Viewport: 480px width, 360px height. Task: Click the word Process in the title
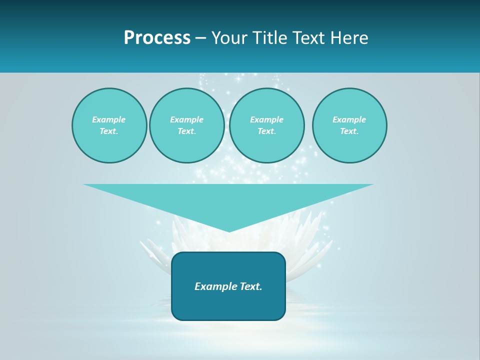[157, 38]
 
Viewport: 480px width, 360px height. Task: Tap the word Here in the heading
[348, 38]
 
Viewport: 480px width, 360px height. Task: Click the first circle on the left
[109, 125]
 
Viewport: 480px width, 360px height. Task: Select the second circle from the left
[187, 125]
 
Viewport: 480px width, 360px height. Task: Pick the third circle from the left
[266, 125]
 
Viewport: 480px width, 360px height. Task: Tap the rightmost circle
[349, 125]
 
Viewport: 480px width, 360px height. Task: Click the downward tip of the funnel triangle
[229, 230]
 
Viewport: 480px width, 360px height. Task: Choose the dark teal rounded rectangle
[228, 305]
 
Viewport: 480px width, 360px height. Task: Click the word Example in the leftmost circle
[109, 119]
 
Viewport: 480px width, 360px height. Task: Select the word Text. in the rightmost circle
[349, 131]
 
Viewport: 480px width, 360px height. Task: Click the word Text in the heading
[308, 38]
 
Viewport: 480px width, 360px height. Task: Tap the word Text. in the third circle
[266, 131]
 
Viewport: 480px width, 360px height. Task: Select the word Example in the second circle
[187, 119]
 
